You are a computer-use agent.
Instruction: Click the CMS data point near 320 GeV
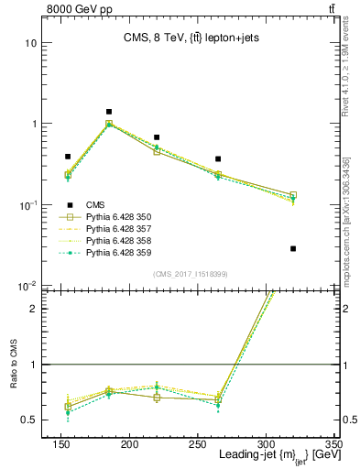click(x=293, y=248)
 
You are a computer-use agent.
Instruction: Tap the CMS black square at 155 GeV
click(x=68, y=157)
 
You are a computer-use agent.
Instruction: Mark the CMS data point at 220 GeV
click(x=157, y=137)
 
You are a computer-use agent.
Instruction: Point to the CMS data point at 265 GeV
click(x=218, y=159)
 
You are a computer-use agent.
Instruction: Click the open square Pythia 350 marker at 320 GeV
click(x=293, y=195)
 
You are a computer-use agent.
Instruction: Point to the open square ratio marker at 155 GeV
click(x=68, y=407)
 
